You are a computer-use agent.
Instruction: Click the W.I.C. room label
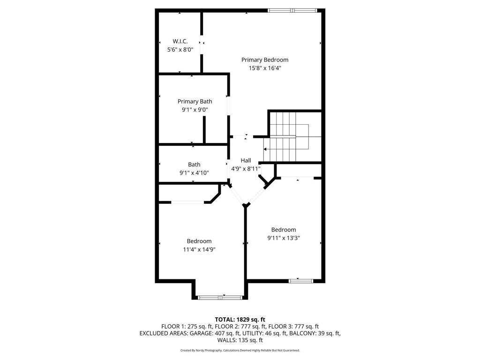pyautogui.click(x=180, y=41)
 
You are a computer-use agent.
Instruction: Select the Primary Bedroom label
pyautogui.click(x=265, y=60)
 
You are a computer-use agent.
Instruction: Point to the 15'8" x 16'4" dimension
pyautogui.click(x=265, y=68)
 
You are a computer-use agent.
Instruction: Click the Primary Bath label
pyautogui.click(x=195, y=101)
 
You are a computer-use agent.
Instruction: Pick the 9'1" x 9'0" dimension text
pyautogui.click(x=195, y=110)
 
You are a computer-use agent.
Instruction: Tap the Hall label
pyautogui.click(x=246, y=160)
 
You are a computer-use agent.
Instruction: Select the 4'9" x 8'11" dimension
pyautogui.click(x=246, y=168)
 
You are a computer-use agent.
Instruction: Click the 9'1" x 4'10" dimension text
pyautogui.click(x=194, y=172)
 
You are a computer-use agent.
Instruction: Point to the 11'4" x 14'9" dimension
pyautogui.click(x=199, y=249)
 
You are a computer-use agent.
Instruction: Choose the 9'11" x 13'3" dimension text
pyautogui.click(x=284, y=238)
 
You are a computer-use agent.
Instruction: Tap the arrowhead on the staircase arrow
pyautogui.click(x=265, y=149)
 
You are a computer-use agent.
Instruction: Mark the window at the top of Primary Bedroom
pyautogui.click(x=292, y=10)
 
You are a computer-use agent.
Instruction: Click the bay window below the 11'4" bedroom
pyautogui.click(x=220, y=297)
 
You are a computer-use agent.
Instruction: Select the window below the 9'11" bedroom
pyautogui.click(x=300, y=281)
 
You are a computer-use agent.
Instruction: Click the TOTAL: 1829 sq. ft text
pyautogui.click(x=240, y=320)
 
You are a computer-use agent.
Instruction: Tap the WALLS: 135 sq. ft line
pyautogui.click(x=240, y=340)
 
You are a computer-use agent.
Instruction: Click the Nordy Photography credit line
pyautogui.click(x=240, y=350)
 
